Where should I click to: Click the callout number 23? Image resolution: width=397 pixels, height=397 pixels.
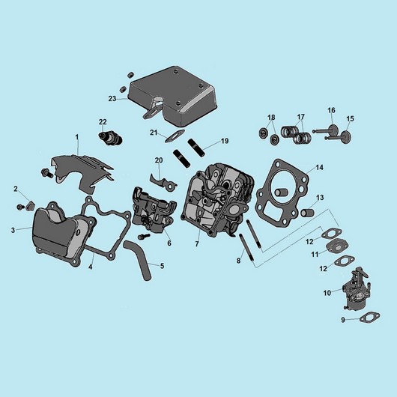click(112, 98)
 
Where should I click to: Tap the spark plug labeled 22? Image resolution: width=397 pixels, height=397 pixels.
click(110, 138)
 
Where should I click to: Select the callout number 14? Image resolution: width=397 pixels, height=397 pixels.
click(319, 167)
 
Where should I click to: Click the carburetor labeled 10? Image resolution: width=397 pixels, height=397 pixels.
click(356, 288)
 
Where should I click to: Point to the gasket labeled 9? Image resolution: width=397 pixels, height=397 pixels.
click(369, 317)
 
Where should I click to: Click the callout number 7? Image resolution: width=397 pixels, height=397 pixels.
click(197, 244)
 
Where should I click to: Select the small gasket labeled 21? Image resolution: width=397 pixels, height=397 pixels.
click(175, 136)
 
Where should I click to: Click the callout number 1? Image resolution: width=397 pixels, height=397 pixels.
click(77, 137)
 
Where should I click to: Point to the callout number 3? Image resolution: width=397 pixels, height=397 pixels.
click(13, 230)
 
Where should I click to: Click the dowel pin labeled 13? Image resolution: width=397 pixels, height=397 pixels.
click(307, 212)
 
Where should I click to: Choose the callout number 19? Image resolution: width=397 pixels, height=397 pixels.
click(225, 141)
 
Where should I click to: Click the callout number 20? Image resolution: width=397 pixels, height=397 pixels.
click(159, 160)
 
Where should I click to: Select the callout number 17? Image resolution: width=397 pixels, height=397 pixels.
click(300, 117)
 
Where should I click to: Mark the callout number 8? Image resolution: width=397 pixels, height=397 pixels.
click(238, 260)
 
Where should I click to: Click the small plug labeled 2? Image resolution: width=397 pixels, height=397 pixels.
click(31, 205)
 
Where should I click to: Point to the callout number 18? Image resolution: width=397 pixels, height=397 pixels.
click(271, 118)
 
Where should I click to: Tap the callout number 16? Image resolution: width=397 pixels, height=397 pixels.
click(331, 110)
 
